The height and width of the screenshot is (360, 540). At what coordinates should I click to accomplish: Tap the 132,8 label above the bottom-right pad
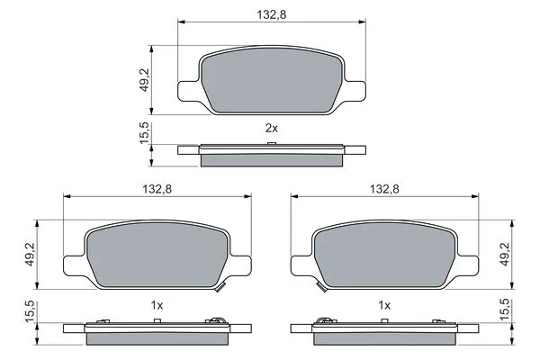pos(383,189)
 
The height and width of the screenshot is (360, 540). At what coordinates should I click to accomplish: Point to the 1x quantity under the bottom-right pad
pos(383,305)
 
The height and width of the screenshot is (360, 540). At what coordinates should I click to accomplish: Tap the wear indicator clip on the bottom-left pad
pos(218,286)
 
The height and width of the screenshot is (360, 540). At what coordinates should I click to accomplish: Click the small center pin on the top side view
pos(270,142)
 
